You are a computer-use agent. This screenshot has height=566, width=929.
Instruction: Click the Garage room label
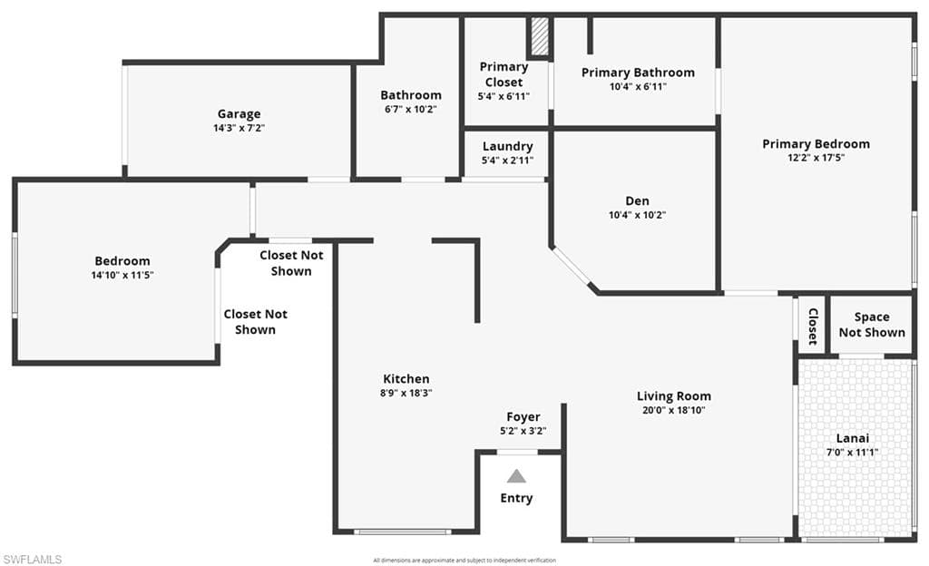pos(239,113)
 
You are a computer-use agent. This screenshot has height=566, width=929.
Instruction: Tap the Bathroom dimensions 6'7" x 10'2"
pos(411,109)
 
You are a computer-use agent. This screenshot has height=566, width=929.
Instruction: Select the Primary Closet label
pos(504,74)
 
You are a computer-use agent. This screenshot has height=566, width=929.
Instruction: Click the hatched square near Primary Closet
pos(539,36)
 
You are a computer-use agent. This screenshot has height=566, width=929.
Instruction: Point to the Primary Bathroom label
pos(638,73)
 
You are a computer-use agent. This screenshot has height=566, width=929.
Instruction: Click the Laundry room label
pos(508,146)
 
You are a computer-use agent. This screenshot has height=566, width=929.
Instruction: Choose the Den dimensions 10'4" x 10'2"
pos(638,215)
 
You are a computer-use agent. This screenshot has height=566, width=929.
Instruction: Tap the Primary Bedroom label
pos(816,144)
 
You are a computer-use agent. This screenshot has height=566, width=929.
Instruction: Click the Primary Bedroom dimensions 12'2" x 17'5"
pos(816,158)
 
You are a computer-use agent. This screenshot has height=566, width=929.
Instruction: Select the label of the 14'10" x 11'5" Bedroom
pos(122,261)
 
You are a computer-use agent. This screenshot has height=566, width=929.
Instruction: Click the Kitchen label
pos(406,379)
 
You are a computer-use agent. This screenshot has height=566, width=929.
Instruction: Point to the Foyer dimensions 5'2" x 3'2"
pos(523,431)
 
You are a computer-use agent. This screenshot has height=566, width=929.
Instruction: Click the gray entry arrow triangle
pos(516,476)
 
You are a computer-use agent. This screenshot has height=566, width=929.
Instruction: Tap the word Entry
pos(516,498)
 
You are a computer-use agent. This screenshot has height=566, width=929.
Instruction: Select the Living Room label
pos(674,396)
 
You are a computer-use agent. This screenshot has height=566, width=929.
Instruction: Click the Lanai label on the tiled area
pos(853,438)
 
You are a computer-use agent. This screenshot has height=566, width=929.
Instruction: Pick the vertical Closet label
pos(813,327)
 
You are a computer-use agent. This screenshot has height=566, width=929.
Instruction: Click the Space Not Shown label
pos(872,325)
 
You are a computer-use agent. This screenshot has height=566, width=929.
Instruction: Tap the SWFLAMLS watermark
pos(32,559)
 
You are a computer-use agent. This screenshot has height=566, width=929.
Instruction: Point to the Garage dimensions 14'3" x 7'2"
pos(239,128)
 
